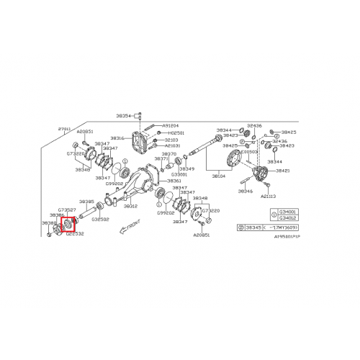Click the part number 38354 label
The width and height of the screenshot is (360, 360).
[x=125, y=115]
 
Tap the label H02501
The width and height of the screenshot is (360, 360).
[x=176, y=133]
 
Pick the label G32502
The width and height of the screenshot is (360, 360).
[x=100, y=219]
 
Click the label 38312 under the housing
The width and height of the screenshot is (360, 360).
[x=130, y=205]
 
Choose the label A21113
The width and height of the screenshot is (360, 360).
[x=268, y=196]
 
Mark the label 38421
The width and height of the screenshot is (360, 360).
[x=282, y=171]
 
